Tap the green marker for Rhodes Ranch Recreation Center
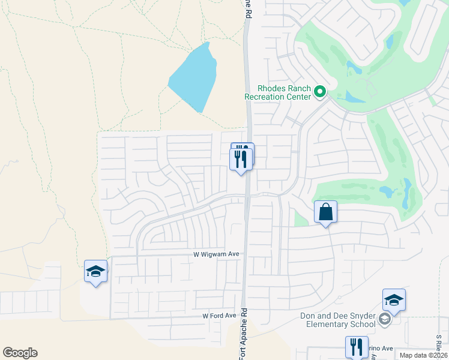click(320, 92)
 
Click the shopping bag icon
click(325, 212)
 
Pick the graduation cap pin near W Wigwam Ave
click(95, 272)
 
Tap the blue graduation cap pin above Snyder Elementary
click(394, 300)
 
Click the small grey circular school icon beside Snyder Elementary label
click(385, 320)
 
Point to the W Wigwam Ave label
click(216, 254)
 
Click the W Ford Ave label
click(219, 316)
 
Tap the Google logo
click(20, 353)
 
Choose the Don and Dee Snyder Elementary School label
click(339, 320)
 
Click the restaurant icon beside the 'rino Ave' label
click(356, 346)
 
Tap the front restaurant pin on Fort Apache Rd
click(241, 159)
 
